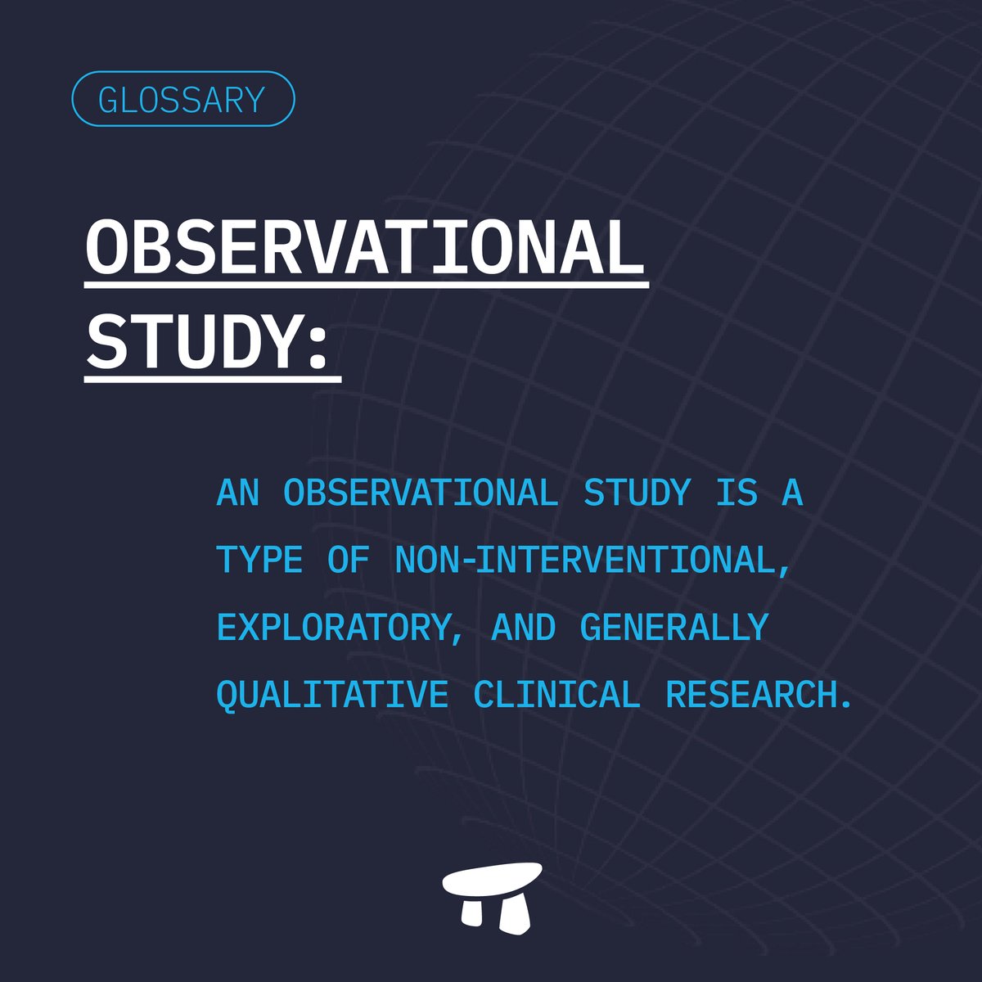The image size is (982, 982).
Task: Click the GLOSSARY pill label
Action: pyautogui.click(x=182, y=99)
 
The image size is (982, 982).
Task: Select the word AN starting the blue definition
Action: pyautogui.click(x=237, y=493)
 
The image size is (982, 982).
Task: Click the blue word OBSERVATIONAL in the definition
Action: pyautogui.click(x=421, y=493)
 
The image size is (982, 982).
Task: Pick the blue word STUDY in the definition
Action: pyautogui.click(x=637, y=493)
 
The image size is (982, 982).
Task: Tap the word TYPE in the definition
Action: pyautogui.click(x=259, y=561)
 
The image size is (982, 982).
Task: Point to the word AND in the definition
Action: pyautogui.click(x=524, y=628)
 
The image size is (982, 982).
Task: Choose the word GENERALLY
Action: pyautogui.click(x=674, y=628)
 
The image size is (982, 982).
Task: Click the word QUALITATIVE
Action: pyautogui.click(x=332, y=695)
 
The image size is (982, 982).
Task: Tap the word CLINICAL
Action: pyautogui.click(x=556, y=695)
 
